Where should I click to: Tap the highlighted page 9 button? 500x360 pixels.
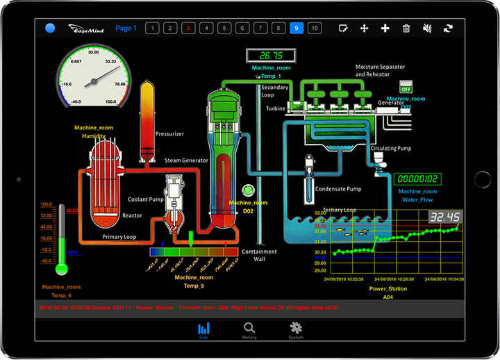click(296, 28)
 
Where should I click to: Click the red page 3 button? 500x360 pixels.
click(187, 28)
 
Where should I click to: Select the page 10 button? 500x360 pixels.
click(314, 28)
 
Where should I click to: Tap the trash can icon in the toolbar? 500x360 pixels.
click(406, 28)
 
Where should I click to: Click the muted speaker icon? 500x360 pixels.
click(427, 28)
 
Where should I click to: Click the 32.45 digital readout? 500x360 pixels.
click(444, 218)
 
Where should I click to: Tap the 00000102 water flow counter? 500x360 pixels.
click(418, 179)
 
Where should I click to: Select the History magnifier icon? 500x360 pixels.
click(249, 329)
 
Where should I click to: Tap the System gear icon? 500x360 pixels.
click(296, 329)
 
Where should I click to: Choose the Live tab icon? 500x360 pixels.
click(203, 329)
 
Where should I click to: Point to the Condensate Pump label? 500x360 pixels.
click(338, 188)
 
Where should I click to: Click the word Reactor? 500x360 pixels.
click(132, 215)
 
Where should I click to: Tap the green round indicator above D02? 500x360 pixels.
click(248, 190)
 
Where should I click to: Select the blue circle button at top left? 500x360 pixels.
click(50, 28)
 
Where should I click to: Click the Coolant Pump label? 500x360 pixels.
click(144, 200)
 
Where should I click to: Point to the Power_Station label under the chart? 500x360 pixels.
click(388, 288)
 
